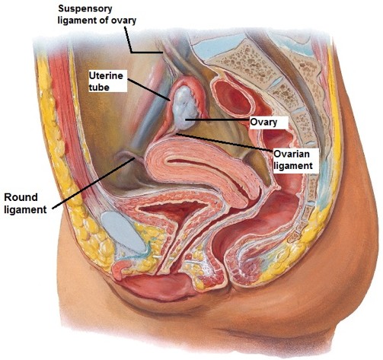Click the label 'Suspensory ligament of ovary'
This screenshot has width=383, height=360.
click(x=97, y=14)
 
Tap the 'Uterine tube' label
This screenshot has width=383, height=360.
click(x=106, y=81)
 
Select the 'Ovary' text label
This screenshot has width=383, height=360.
click(x=263, y=123)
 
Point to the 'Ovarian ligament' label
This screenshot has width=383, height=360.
click(x=293, y=160)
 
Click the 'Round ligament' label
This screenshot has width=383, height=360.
click(x=25, y=203)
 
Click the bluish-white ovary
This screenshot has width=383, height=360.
click(x=184, y=107)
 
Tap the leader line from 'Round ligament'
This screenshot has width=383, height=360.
click(x=94, y=183)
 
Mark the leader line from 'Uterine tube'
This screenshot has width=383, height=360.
click(x=148, y=90)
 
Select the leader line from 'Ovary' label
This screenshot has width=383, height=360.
click(x=217, y=119)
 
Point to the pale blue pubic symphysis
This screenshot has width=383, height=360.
click(x=123, y=233)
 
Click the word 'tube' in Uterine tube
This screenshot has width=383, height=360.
click(x=99, y=87)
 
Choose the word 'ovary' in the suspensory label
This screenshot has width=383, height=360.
click(x=125, y=21)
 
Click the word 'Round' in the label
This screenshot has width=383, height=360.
click(x=21, y=197)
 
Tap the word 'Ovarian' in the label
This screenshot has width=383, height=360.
click(x=292, y=155)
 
